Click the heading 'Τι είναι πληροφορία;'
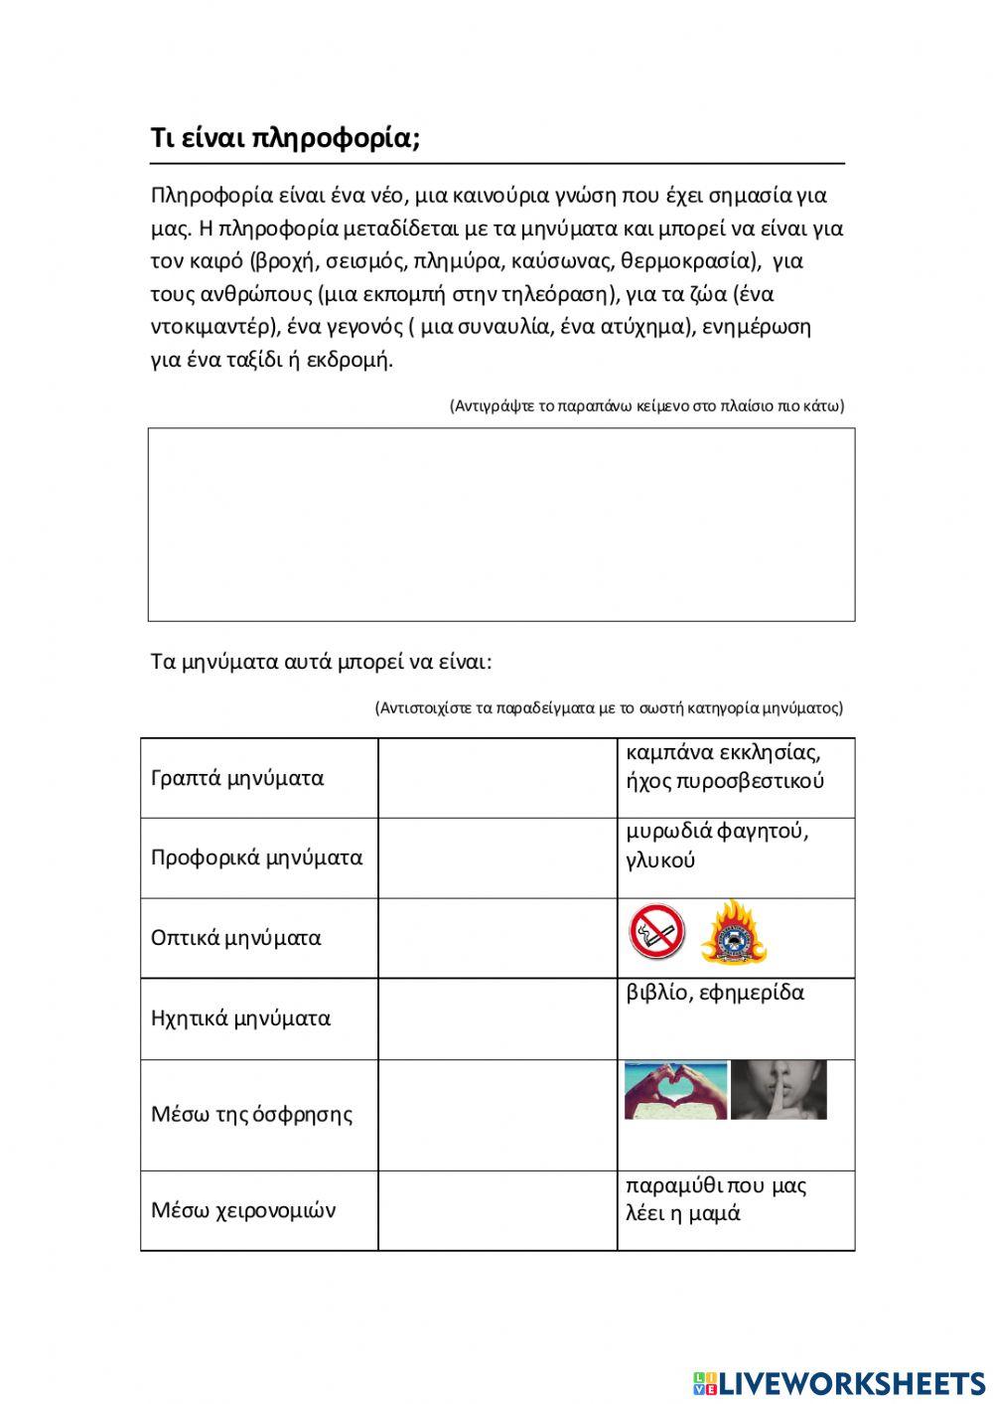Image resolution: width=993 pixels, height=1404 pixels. point(285,138)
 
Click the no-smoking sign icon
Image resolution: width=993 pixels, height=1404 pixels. point(656,931)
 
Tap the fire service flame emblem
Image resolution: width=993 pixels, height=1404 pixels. point(734,932)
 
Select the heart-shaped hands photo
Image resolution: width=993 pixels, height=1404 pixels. point(675,1090)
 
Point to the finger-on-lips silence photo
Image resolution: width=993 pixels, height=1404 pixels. point(779,1090)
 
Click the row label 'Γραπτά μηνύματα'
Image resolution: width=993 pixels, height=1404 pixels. point(237,778)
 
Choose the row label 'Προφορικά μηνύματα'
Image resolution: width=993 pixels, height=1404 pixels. point(256,858)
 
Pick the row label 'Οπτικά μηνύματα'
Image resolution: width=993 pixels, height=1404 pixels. point(235,938)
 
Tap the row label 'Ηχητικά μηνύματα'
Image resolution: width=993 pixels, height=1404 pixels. point(240,1018)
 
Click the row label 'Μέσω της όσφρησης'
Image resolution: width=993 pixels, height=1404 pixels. point(251,1114)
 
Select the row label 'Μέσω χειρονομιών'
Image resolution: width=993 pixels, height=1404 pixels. point(243,1210)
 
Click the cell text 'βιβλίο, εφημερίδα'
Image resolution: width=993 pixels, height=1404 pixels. point(715,993)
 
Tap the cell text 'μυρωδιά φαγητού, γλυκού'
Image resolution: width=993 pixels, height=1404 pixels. point(717,846)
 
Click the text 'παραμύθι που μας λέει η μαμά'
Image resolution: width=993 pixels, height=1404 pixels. point(715,1199)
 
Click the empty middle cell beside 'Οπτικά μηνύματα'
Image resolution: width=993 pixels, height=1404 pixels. point(497,938)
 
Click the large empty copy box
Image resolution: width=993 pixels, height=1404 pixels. point(501,525)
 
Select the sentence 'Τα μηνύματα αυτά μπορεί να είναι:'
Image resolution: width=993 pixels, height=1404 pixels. point(321,662)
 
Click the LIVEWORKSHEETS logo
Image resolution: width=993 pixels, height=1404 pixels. point(839,1383)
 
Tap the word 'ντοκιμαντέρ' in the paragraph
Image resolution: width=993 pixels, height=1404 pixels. point(209,327)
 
